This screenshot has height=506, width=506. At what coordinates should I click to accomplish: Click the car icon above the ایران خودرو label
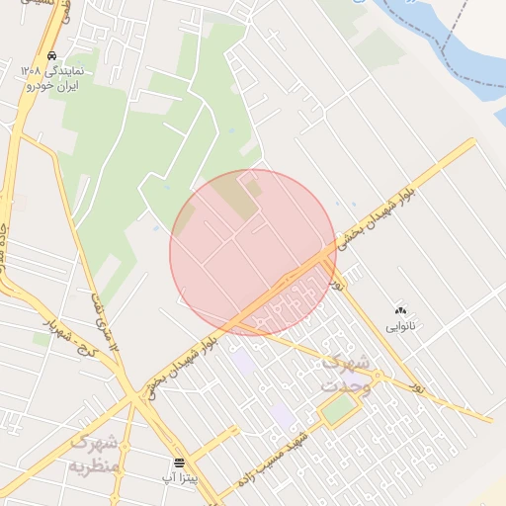click(x=50, y=56)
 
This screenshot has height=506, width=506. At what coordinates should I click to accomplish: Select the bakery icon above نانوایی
click(x=400, y=309)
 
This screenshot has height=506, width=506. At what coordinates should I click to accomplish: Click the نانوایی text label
click(x=400, y=325)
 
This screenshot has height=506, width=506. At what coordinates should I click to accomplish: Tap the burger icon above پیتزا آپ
click(x=179, y=463)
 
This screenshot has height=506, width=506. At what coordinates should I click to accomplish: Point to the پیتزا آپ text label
click(x=179, y=478)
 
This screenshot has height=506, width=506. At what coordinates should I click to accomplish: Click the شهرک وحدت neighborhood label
click(x=346, y=375)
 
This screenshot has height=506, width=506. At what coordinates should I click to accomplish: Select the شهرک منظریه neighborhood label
click(x=95, y=453)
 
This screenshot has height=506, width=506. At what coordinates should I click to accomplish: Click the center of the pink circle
click(x=252, y=252)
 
